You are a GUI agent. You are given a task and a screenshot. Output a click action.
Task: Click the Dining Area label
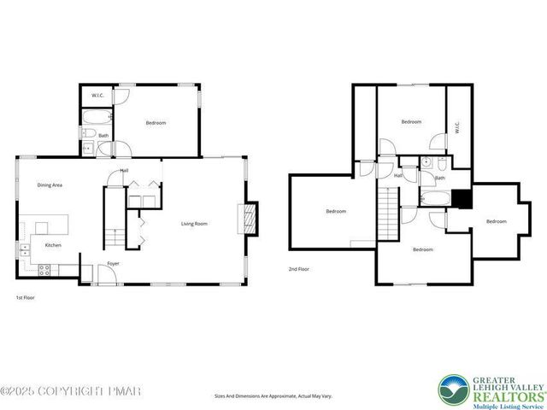click(50, 184)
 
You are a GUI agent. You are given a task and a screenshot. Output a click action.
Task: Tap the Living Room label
click(194, 224)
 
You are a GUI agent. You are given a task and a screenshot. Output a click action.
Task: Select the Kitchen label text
click(52, 245)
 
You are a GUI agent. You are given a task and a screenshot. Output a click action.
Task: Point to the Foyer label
click(113, 263)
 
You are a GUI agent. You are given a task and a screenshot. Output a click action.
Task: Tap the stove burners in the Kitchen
click(45, 270)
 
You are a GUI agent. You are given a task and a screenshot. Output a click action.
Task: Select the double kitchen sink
click(25, 249)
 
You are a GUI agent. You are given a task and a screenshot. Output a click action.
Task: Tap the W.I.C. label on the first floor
click(97, 95)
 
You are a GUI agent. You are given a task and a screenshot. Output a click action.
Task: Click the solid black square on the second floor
click(462, 198)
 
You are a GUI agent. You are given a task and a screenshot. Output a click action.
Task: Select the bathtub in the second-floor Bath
click(436, 198)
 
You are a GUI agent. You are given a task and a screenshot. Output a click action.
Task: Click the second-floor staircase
click(389, 214)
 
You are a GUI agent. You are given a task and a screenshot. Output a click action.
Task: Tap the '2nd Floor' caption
click(300, 269)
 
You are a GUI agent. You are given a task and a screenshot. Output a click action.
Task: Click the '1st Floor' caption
click(26, 297)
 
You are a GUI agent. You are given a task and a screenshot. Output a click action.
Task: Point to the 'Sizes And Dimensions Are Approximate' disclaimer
click(273, 396)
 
